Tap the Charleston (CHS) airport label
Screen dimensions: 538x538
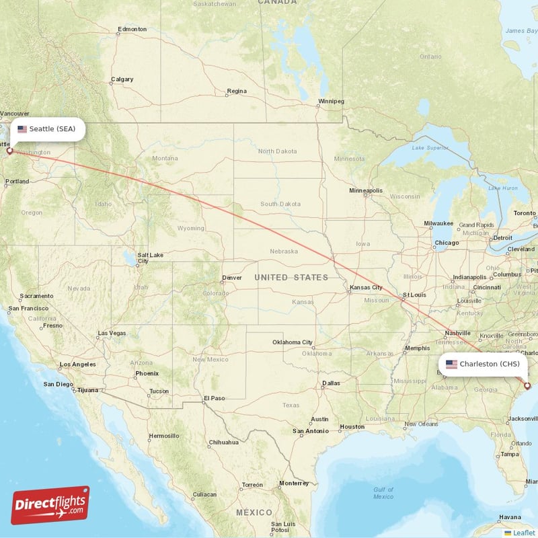489,364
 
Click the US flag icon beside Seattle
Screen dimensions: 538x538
23,128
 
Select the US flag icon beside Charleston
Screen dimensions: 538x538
451,364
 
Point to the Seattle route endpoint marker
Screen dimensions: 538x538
9,151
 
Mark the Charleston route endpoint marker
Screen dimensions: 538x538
527,385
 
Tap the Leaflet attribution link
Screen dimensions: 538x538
524,532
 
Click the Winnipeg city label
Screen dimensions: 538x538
331,101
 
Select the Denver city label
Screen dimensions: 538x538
232,277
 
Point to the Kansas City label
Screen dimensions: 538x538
365,288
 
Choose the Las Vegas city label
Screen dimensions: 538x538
112,333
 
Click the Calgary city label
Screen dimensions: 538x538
122,79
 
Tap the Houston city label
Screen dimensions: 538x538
352,426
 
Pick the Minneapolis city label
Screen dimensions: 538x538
365,191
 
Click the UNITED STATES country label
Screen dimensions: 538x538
291,277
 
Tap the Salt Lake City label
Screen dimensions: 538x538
149,258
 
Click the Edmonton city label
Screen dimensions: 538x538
132,30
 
